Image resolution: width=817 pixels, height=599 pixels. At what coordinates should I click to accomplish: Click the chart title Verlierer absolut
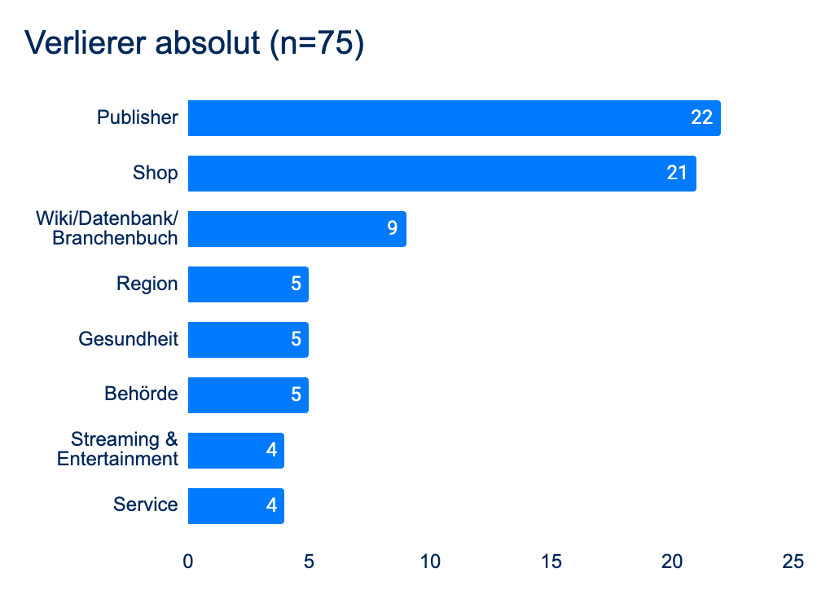195,43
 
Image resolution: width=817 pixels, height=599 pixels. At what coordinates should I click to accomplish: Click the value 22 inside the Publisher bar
701,118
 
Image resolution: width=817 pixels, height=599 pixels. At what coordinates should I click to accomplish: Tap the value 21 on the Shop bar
677,174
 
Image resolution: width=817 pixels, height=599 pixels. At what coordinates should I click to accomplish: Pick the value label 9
392,229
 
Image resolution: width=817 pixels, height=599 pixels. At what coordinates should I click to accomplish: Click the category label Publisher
137,118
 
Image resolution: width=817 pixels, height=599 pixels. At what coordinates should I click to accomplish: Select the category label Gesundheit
128,339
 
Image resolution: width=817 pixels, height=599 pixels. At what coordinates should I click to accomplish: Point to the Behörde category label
141,394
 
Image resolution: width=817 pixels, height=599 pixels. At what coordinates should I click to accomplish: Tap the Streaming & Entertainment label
118,450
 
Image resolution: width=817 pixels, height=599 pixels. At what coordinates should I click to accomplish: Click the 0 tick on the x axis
188,562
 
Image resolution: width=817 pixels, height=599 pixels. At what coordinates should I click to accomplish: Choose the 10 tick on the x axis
430,562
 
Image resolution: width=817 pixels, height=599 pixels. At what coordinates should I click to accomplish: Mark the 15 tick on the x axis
551,562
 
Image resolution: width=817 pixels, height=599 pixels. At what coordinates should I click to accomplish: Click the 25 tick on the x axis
793,562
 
